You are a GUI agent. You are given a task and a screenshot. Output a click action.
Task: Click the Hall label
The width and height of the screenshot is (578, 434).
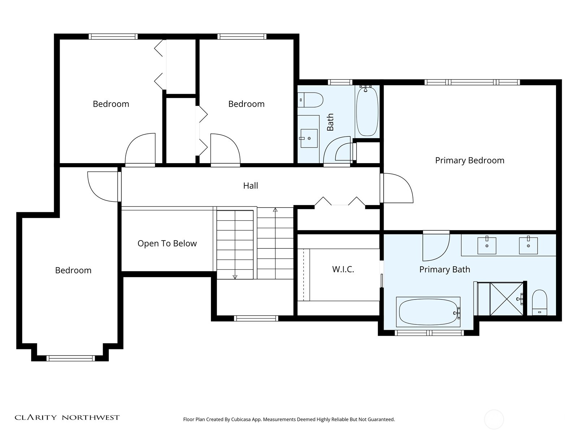click(250, 186)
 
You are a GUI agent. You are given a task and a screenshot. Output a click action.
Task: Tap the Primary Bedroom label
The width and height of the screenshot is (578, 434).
click(469, 160)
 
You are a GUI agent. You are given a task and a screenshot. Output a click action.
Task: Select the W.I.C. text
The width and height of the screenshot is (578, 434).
click(343, 269)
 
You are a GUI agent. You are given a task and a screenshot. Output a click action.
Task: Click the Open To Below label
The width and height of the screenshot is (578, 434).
click(167, 243)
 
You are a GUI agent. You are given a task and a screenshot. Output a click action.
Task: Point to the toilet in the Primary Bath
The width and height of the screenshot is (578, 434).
click(539, 303)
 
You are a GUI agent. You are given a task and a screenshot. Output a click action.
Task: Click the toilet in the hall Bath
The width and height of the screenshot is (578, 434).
click(311, 100)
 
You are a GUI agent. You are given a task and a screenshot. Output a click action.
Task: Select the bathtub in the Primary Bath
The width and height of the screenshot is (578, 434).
click(428, 312)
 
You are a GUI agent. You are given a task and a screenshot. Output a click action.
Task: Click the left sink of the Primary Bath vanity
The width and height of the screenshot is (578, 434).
click(487, 246)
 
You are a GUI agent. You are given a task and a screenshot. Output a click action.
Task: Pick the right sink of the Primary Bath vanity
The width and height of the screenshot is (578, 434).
click(528, 246)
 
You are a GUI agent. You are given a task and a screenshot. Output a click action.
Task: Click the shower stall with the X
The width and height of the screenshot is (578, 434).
click(506, 299)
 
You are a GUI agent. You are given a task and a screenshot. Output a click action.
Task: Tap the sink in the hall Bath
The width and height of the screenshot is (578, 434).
click(309, 138)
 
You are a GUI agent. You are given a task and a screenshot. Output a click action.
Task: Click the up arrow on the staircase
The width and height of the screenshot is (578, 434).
click(275, 210)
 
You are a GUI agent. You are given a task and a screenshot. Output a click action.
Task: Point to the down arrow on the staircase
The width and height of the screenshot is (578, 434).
click(235, 277)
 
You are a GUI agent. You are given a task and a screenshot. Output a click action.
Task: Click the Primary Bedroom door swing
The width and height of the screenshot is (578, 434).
click(397, 188)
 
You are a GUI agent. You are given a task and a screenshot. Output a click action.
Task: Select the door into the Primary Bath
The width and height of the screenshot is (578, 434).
click(436, 247)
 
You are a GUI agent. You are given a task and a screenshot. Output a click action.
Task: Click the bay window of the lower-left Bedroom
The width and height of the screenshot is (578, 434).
click(70, 358)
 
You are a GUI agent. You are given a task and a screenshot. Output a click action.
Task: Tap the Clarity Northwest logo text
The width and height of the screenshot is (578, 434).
click(67, 417)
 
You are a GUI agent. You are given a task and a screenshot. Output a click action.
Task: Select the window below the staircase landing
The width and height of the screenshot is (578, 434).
click(256, 318)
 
